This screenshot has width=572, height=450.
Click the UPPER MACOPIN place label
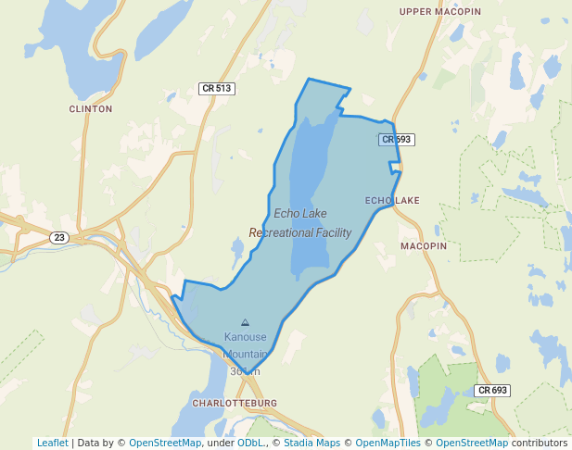[440, 11]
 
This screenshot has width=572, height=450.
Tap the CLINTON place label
[90, 108]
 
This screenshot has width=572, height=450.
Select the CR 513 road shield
[217, 89]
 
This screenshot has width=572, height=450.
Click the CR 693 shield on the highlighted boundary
[396, 140]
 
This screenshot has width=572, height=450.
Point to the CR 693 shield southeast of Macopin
[492, 391]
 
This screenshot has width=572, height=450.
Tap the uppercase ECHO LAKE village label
[392, 200]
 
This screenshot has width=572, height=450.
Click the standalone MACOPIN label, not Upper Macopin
[424, 246]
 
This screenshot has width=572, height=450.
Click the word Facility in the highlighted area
[334, 232]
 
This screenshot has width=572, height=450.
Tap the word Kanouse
[245, 337]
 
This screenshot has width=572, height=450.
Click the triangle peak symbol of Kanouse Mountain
[245, 322]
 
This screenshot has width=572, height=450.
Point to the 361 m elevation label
[245, 370]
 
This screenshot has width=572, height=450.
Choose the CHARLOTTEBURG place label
[235, 404]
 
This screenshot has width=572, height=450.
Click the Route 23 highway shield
[59, 238]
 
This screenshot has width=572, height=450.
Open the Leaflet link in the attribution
[52, 443]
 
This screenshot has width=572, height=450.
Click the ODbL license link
[250, 443]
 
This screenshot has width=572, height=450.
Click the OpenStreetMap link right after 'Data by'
[165, 443]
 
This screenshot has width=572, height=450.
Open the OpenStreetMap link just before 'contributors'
[472, 443]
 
